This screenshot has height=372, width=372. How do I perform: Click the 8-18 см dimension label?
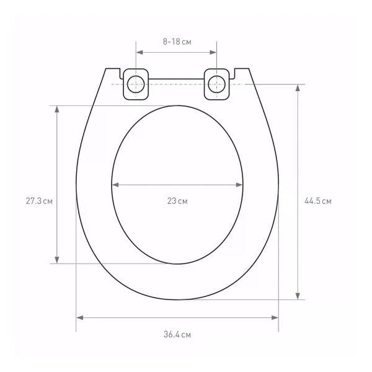[x=177, y=42]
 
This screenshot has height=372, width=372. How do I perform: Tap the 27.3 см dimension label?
[x=39, y=201]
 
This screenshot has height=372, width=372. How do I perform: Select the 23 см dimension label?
[x=177, y=201]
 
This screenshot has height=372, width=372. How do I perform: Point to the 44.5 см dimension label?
[x=318, y=201]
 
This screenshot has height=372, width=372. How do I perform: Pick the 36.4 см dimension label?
[x=177, y=335]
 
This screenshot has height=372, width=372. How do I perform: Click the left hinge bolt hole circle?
[x=136, y=84]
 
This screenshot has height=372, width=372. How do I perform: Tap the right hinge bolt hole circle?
[x=216, y=84]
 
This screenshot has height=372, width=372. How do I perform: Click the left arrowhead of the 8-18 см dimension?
[x=139, y=53]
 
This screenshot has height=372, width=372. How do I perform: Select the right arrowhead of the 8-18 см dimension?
[x=213, y=53]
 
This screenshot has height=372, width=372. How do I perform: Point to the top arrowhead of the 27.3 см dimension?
[x=57, y=109]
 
